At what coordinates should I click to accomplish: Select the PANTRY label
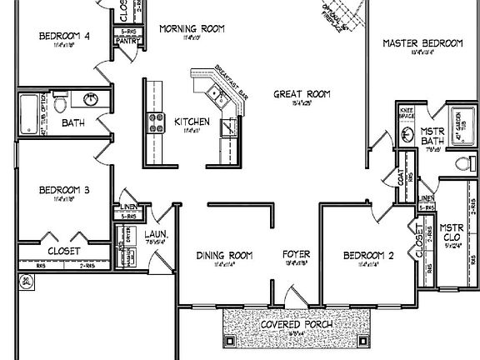point(127,39)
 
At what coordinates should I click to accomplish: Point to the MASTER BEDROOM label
point(422,42)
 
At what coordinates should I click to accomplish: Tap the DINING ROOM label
point(223,255)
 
